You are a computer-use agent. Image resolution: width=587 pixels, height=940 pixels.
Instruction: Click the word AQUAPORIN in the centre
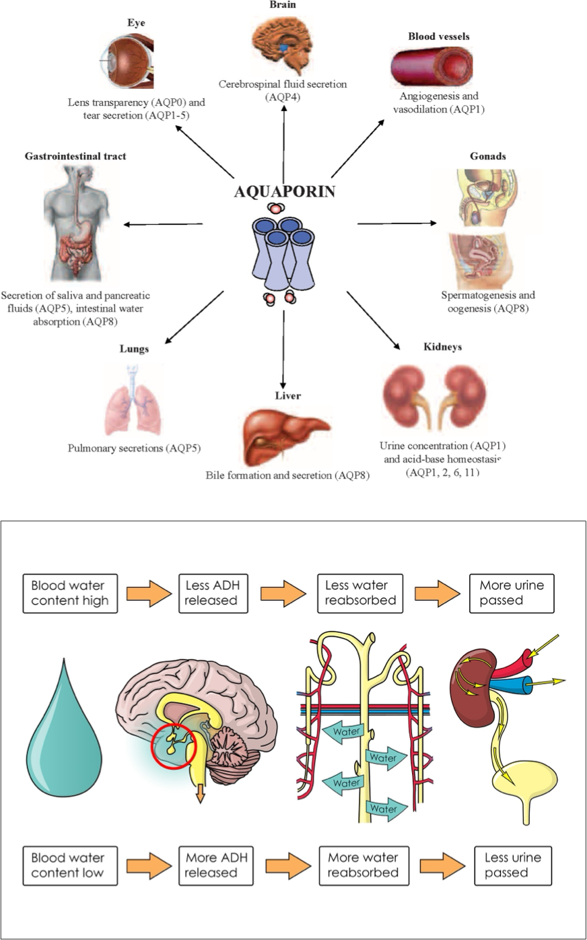(x=284, y=191)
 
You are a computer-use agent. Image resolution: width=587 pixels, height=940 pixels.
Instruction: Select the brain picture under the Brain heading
(x=282, y=44)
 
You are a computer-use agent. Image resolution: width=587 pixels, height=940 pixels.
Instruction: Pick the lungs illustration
(x=135, y=400)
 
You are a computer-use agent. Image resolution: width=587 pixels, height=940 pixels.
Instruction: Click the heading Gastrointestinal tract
(x=75, y=156)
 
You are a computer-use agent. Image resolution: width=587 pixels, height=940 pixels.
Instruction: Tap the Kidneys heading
(x=442, y=347)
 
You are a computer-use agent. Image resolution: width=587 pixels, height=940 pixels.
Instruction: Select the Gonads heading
(x=487, y=156)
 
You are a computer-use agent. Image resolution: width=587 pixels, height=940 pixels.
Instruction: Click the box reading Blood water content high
(x=70, y=593)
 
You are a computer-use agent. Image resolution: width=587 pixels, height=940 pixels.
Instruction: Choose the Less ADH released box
(x=211, y=593)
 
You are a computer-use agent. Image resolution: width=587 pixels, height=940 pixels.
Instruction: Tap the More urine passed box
(x=512, y=593)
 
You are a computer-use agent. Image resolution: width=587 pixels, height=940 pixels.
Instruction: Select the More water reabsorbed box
(x=363, y=865)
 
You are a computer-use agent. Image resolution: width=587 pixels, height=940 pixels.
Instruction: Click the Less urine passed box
(x=512, y=865)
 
